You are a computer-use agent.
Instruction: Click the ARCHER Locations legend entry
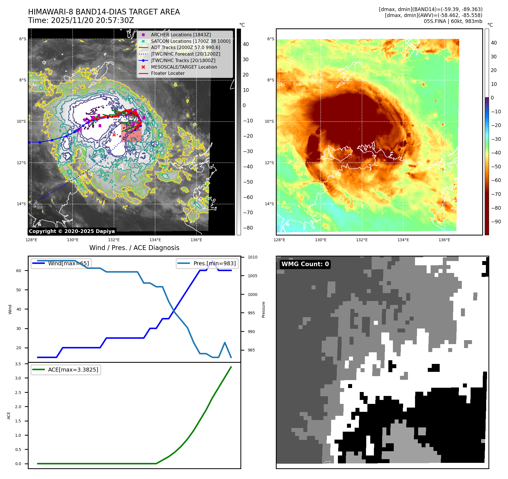pyautogui.click(x=181, y=35)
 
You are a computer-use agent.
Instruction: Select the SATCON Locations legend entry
pyautogui.click(x=190, y=41)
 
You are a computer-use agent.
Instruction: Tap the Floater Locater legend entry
pyautogui.click(x=168, y=73)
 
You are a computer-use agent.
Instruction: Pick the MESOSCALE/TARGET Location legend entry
pyautogui.click(x=184, y=67)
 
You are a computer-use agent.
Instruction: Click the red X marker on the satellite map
pyautogui.click(x=114, y=135)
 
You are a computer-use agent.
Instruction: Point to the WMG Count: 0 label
pyautogui.click(x=305, y=264)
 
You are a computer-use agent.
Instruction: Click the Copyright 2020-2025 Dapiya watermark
pyautogui.click(x=72, y=231)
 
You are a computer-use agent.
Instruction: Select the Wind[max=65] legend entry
pyautogui.click(x=68, y=263)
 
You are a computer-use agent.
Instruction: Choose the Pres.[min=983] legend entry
pyautogui.click(x=214, y=263)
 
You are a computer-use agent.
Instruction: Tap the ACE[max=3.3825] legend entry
pyautogui.click(x=73, y=370)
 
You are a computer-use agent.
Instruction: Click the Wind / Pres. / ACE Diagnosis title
pyautogui.click(x=134, y=248)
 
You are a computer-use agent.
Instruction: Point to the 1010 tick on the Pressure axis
pyautogui.click(x=252, y=257)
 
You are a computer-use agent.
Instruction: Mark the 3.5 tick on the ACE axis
pyautogui.click(x=18, y=364)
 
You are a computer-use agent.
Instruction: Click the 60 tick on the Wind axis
pyautogui.click(x=19, y=271)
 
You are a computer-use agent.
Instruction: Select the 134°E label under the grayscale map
pyautogui.click(x=155, y=240)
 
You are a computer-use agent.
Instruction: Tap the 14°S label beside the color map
pyautogui.click(x=269, y=204)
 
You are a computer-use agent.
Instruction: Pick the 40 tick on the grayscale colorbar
pyautogui.click(x=245, y=44)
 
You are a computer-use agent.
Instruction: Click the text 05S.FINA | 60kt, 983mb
pyautogui.click(x=453, y=21)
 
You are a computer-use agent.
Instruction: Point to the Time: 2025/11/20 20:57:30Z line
pyautogui.click(x=81, y=20)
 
